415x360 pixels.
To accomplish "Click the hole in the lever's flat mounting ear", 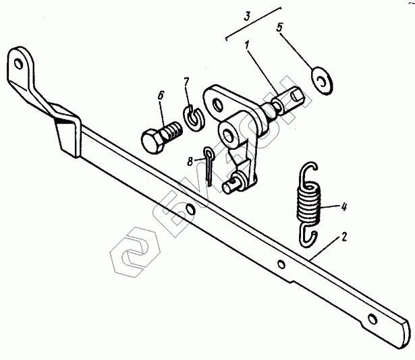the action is tap(217, 103).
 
